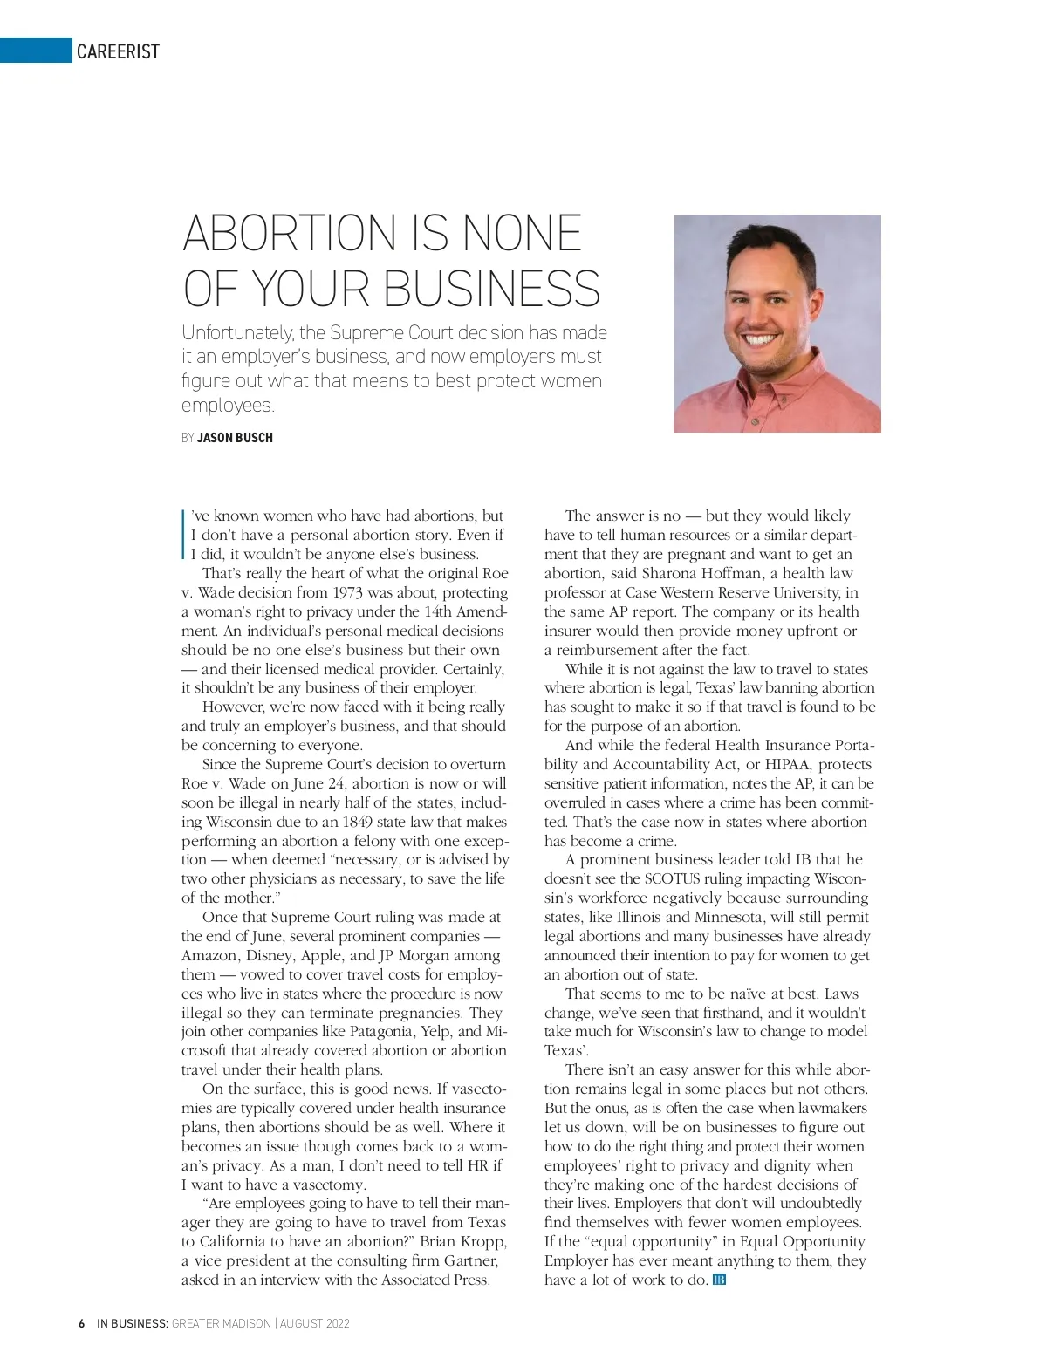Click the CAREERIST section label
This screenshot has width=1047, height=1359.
[118, 51]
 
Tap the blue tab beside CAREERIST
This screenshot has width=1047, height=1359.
[35, 51]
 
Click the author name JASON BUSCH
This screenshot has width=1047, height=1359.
[235, 438]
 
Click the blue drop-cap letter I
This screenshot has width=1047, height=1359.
[184, 533]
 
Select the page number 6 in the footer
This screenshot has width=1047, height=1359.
[81, 1324]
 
